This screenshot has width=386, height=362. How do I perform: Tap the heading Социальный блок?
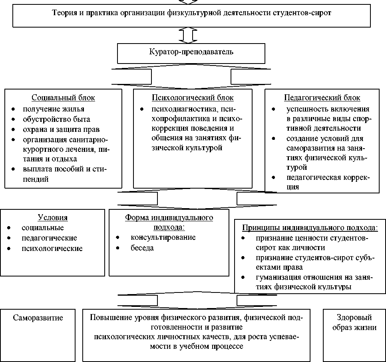(x=63, y=98)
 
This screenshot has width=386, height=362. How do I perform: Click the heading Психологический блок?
(x=193, y=98)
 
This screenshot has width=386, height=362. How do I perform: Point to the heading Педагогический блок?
(x=322, y=98)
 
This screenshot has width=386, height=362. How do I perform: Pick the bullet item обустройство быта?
(x=56, y=119)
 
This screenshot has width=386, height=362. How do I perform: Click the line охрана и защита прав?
(x=61, y=129)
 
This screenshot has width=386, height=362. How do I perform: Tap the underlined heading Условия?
(x=52, y=218)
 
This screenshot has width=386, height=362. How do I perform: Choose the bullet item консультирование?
(x=163, y=237)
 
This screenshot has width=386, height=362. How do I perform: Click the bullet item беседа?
(x=142, y=248)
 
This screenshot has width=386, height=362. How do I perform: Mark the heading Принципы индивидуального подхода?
(x=310, y=228)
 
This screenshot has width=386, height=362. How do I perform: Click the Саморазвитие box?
(x=38, y=318)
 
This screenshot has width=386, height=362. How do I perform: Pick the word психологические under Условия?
(x=52, y=248)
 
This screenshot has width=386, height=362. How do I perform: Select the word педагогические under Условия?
(x=49, y=238)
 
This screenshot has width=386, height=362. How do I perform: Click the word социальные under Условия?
(x=43, y=228)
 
